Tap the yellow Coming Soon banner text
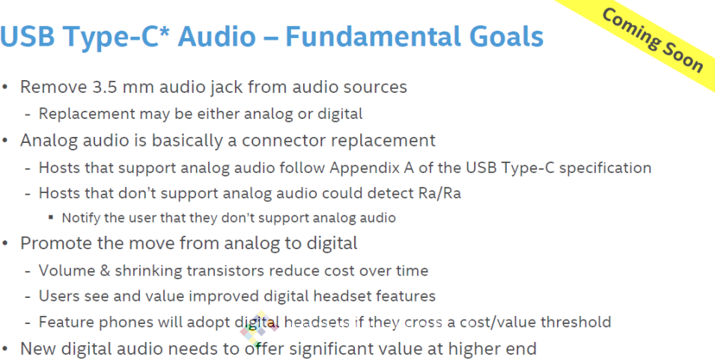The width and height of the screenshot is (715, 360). (653, 40)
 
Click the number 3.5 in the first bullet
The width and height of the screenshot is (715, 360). (104, 87)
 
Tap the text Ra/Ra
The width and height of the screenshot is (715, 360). (439, 193)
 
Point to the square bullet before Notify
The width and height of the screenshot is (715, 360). (51, 218)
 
